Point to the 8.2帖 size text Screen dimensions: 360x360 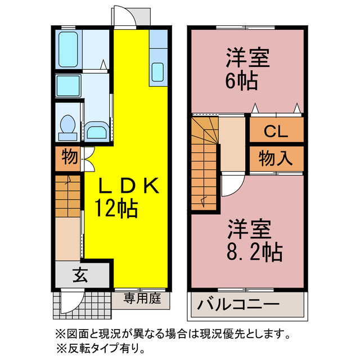click(255, 253)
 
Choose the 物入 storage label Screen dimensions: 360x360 click(276, 158)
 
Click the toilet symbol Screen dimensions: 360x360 click(69, 126)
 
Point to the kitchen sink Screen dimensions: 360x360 click(157, 72)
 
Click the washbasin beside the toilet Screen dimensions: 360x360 click(98, 133)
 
